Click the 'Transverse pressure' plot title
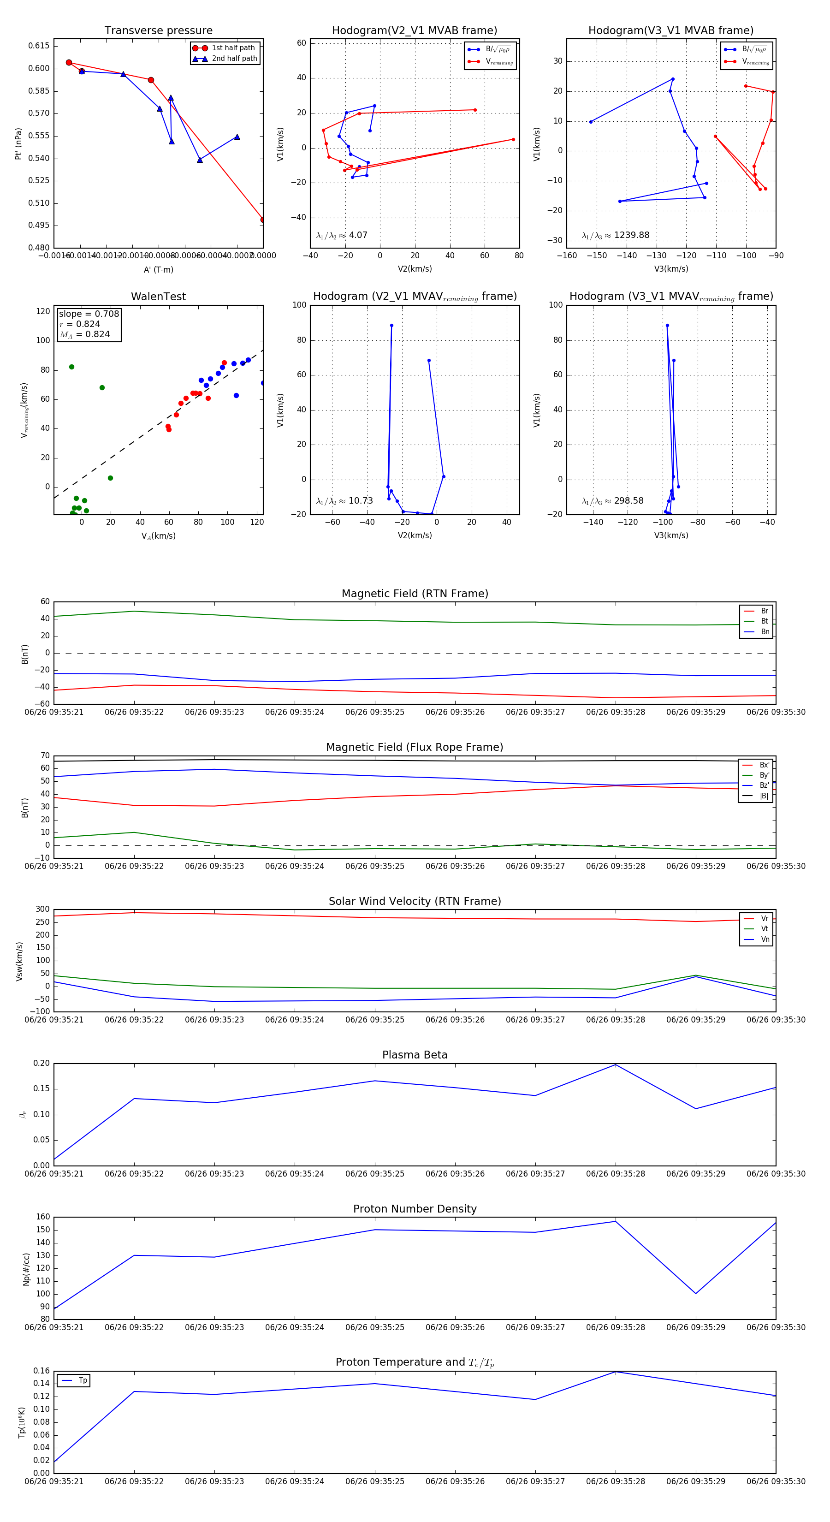[158, 31]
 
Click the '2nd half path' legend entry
[234, 59]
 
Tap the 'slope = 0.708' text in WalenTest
[89, 314]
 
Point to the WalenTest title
[158, 297]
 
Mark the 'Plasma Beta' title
[415, 1055]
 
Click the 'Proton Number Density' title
[415, 1209]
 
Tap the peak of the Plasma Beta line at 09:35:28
[616, 1064]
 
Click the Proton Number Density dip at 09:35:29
[696, 1293]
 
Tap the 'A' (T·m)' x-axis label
[158, 269]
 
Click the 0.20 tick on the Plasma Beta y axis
[41, 1064]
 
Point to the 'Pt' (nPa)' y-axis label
[18, 143]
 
